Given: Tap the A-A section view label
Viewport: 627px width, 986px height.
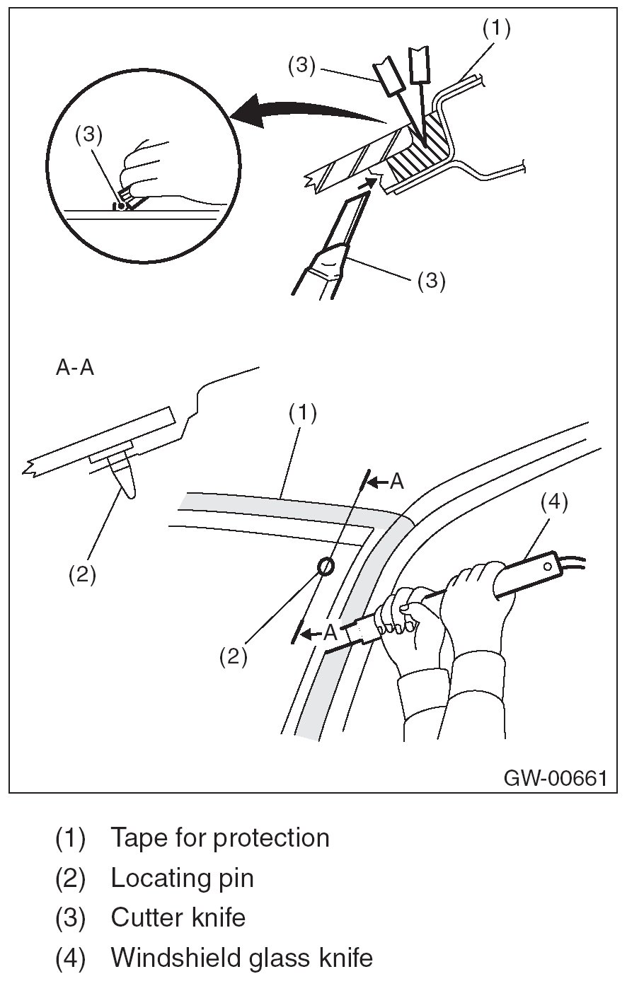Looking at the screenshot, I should (74, 369).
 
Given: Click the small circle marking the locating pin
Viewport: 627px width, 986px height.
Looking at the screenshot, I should (326, 566).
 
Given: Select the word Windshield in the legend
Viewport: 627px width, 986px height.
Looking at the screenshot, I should (176, 958).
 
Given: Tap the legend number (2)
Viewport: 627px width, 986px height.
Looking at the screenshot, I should (70, 878).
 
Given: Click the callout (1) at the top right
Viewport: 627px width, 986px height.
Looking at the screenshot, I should (496, 28).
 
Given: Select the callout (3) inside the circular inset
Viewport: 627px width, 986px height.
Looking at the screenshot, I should (89, 137).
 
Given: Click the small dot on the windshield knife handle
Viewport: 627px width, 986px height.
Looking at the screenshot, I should (547, 566).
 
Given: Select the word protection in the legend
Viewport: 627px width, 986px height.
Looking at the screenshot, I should (271, 837).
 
